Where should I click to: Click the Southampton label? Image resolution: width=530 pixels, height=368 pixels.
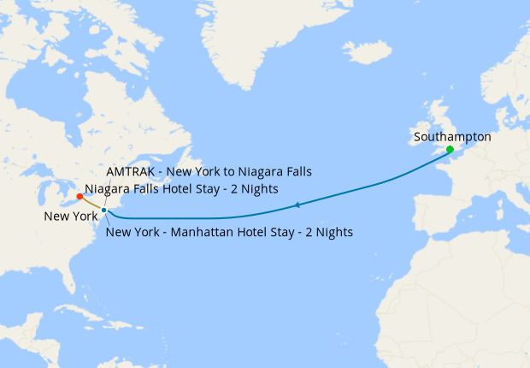(x=451, y=136)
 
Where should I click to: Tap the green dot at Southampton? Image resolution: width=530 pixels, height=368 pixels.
(x=450, y=150)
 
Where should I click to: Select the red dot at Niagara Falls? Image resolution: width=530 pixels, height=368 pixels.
(x=79, y=197)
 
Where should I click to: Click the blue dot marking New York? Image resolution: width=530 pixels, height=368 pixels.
(x=103, y=210)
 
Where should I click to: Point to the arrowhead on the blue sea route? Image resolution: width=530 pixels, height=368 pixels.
(x=296, y=205)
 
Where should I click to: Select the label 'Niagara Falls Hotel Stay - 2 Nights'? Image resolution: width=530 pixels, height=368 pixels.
(x=181, y=189)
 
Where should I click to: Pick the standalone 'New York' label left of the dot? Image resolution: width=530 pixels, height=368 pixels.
(x=71, y=217)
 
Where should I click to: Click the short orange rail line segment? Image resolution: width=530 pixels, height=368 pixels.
(x=91, y=203)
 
